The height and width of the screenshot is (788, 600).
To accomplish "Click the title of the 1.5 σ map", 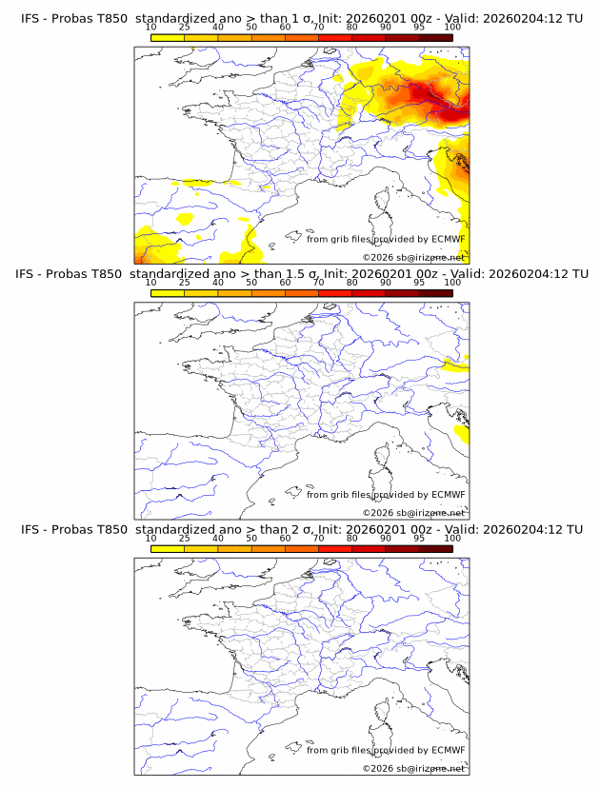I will click(x=301, y=274).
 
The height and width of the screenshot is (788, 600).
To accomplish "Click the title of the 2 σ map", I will click(x=301, y=529).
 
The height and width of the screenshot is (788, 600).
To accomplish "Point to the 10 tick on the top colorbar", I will click(x=150, y=27).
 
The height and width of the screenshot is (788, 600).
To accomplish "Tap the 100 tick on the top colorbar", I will click(x=452, y=27).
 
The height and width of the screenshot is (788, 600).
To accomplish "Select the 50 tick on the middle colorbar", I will click(x=251, y=283).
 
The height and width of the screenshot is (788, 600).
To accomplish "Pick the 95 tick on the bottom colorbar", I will click(x=419, y=539).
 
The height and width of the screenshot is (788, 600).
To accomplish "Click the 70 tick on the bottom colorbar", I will click(x=318, y=539).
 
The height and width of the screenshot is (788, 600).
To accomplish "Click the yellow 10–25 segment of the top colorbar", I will click(x=168, y=37).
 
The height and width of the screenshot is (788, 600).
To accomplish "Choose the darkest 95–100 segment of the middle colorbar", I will click(x=435, y=293).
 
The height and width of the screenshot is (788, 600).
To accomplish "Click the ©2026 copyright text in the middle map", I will click(x=413, y=512).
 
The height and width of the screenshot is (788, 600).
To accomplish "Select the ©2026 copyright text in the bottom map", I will click(x=413, y=768).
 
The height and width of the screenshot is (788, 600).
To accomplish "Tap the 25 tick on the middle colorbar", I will click(x=185, y=283).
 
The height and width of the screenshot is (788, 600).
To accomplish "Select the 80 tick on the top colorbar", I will click(x=352, y=27).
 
